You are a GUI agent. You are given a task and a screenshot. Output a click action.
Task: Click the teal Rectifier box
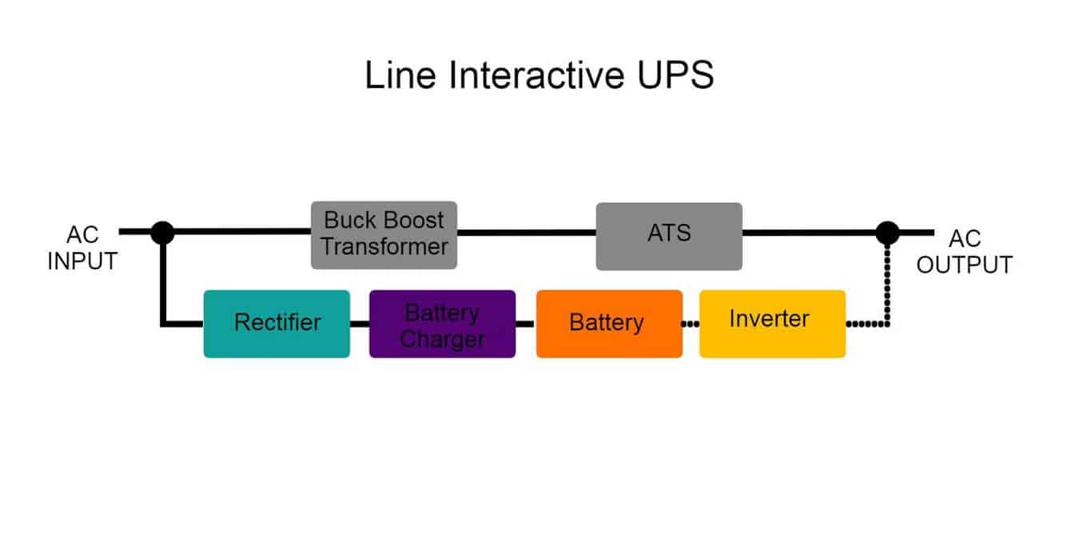[277, 323]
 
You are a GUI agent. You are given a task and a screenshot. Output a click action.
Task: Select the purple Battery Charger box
[442, 323]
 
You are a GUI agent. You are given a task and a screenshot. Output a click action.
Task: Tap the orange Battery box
[609, 323]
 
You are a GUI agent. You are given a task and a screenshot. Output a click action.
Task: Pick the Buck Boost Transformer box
[384, 234]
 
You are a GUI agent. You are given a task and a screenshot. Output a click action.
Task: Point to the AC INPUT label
[82, 249]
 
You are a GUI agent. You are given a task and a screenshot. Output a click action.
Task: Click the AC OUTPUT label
[964, 252]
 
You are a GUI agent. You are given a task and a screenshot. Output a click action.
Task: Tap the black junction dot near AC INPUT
[162, 232]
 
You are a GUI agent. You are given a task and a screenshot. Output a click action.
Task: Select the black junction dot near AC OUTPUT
[887, 232]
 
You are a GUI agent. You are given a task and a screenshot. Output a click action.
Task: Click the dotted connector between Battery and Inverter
[691, 324]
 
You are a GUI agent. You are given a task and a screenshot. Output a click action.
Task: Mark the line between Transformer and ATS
[526, 233]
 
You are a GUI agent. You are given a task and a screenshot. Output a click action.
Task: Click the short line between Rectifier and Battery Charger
[359, 324]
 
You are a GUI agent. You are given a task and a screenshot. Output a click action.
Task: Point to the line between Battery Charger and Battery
[525, 324]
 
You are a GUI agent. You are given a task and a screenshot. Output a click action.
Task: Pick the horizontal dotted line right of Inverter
[865, 324]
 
